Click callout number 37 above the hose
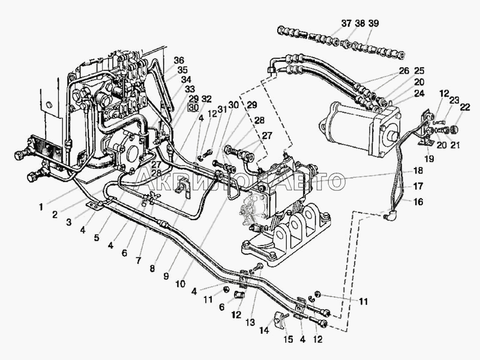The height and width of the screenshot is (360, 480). [347, 23]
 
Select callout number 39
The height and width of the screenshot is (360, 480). [373, 23]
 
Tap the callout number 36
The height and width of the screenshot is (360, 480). [179, 61]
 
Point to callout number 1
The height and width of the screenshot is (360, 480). [41, 207]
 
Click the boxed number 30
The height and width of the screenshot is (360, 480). [194, 107]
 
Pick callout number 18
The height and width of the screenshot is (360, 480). [418, 170]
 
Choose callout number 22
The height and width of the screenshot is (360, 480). [464, 107]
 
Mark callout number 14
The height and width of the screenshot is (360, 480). [264, 330]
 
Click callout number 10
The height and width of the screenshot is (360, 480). [181, 284]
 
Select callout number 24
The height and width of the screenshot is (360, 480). [419, 93]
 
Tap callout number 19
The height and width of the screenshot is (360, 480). [429, 158]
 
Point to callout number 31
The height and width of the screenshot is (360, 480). [222, 109]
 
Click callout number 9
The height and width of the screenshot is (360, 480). [166, 277]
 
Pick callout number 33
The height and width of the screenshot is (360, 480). [190, 89]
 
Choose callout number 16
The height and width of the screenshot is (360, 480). [418, 202]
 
